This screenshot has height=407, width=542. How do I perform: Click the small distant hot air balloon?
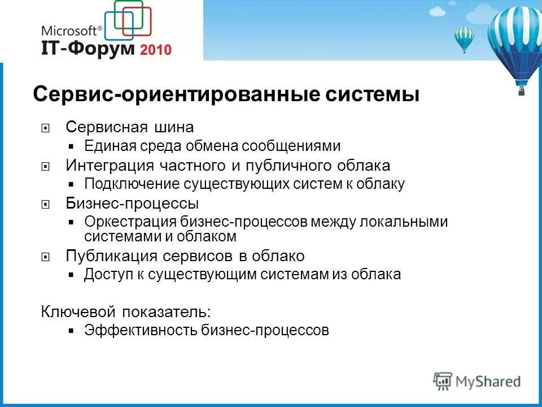[x=464, y=38]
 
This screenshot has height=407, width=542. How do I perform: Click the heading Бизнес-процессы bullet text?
[x=132, y=203]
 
